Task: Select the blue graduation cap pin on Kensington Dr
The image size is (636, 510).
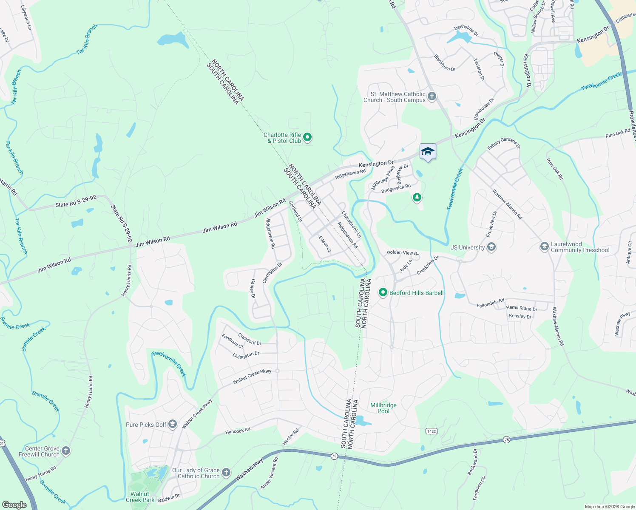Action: click(428, 152)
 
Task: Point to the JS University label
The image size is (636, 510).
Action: click(468, 247)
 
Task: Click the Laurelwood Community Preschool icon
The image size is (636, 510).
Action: click(544, 247)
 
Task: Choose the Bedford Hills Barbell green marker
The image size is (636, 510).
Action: click(383, 292)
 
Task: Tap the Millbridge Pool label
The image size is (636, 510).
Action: click(383, 408)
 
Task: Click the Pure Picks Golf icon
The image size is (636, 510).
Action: click(172, 424)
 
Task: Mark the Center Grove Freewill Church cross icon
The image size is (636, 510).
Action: click(65, 451)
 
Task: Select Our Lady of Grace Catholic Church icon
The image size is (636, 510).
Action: click(226, 473)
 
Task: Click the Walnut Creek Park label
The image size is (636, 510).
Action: click(140, 497)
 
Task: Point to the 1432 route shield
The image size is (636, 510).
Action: click(431, 431)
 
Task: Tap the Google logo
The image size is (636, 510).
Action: click(14, 504)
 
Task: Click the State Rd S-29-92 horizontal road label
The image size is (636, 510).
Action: click(76, 202)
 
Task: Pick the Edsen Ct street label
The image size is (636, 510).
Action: click(325, 244)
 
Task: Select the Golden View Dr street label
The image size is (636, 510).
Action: click(403, 253)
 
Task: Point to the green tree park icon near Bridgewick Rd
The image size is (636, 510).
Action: click(417, 197)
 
